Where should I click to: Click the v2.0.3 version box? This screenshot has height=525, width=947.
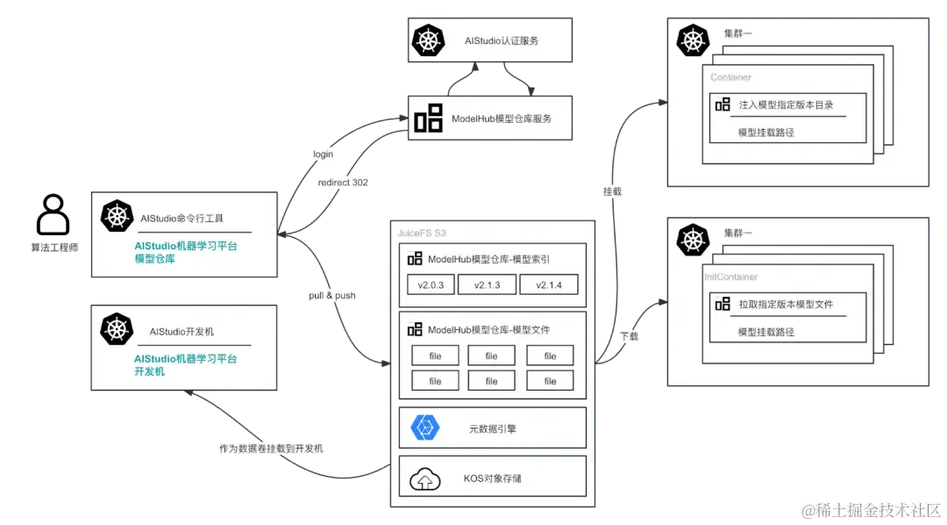[431, 285]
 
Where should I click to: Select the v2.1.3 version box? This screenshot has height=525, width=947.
[487, 285]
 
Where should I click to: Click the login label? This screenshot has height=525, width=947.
[323, 155]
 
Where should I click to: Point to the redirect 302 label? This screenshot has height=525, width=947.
[343, 183]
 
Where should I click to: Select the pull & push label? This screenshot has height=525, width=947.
[332, 296]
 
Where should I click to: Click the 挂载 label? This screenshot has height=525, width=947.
[612, 191]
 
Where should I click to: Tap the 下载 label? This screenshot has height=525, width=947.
[629, 336]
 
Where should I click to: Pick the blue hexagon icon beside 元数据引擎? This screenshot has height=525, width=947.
[424, 428]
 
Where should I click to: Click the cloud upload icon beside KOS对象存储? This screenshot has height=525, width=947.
[424, 479]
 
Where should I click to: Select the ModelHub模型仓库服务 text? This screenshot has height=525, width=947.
[502, 119]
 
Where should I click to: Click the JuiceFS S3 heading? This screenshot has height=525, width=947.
[422, 232]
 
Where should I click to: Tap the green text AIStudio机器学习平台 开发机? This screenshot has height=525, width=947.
[185, 365]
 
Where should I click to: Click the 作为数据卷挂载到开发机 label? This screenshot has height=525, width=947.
[271, 449]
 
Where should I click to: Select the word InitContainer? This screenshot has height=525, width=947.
[730, 277]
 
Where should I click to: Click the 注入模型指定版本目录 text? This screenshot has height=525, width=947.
[786, 104]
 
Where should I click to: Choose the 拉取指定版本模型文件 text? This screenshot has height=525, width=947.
[786, 305]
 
